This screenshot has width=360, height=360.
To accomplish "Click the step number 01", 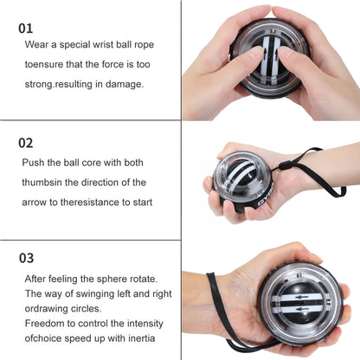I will (x=26, y=28).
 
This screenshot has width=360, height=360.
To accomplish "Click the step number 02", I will (x=27, y=143).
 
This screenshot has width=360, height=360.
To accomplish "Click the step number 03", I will (x=27, y=258).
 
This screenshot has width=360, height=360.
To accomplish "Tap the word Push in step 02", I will (x=35, y=163).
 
